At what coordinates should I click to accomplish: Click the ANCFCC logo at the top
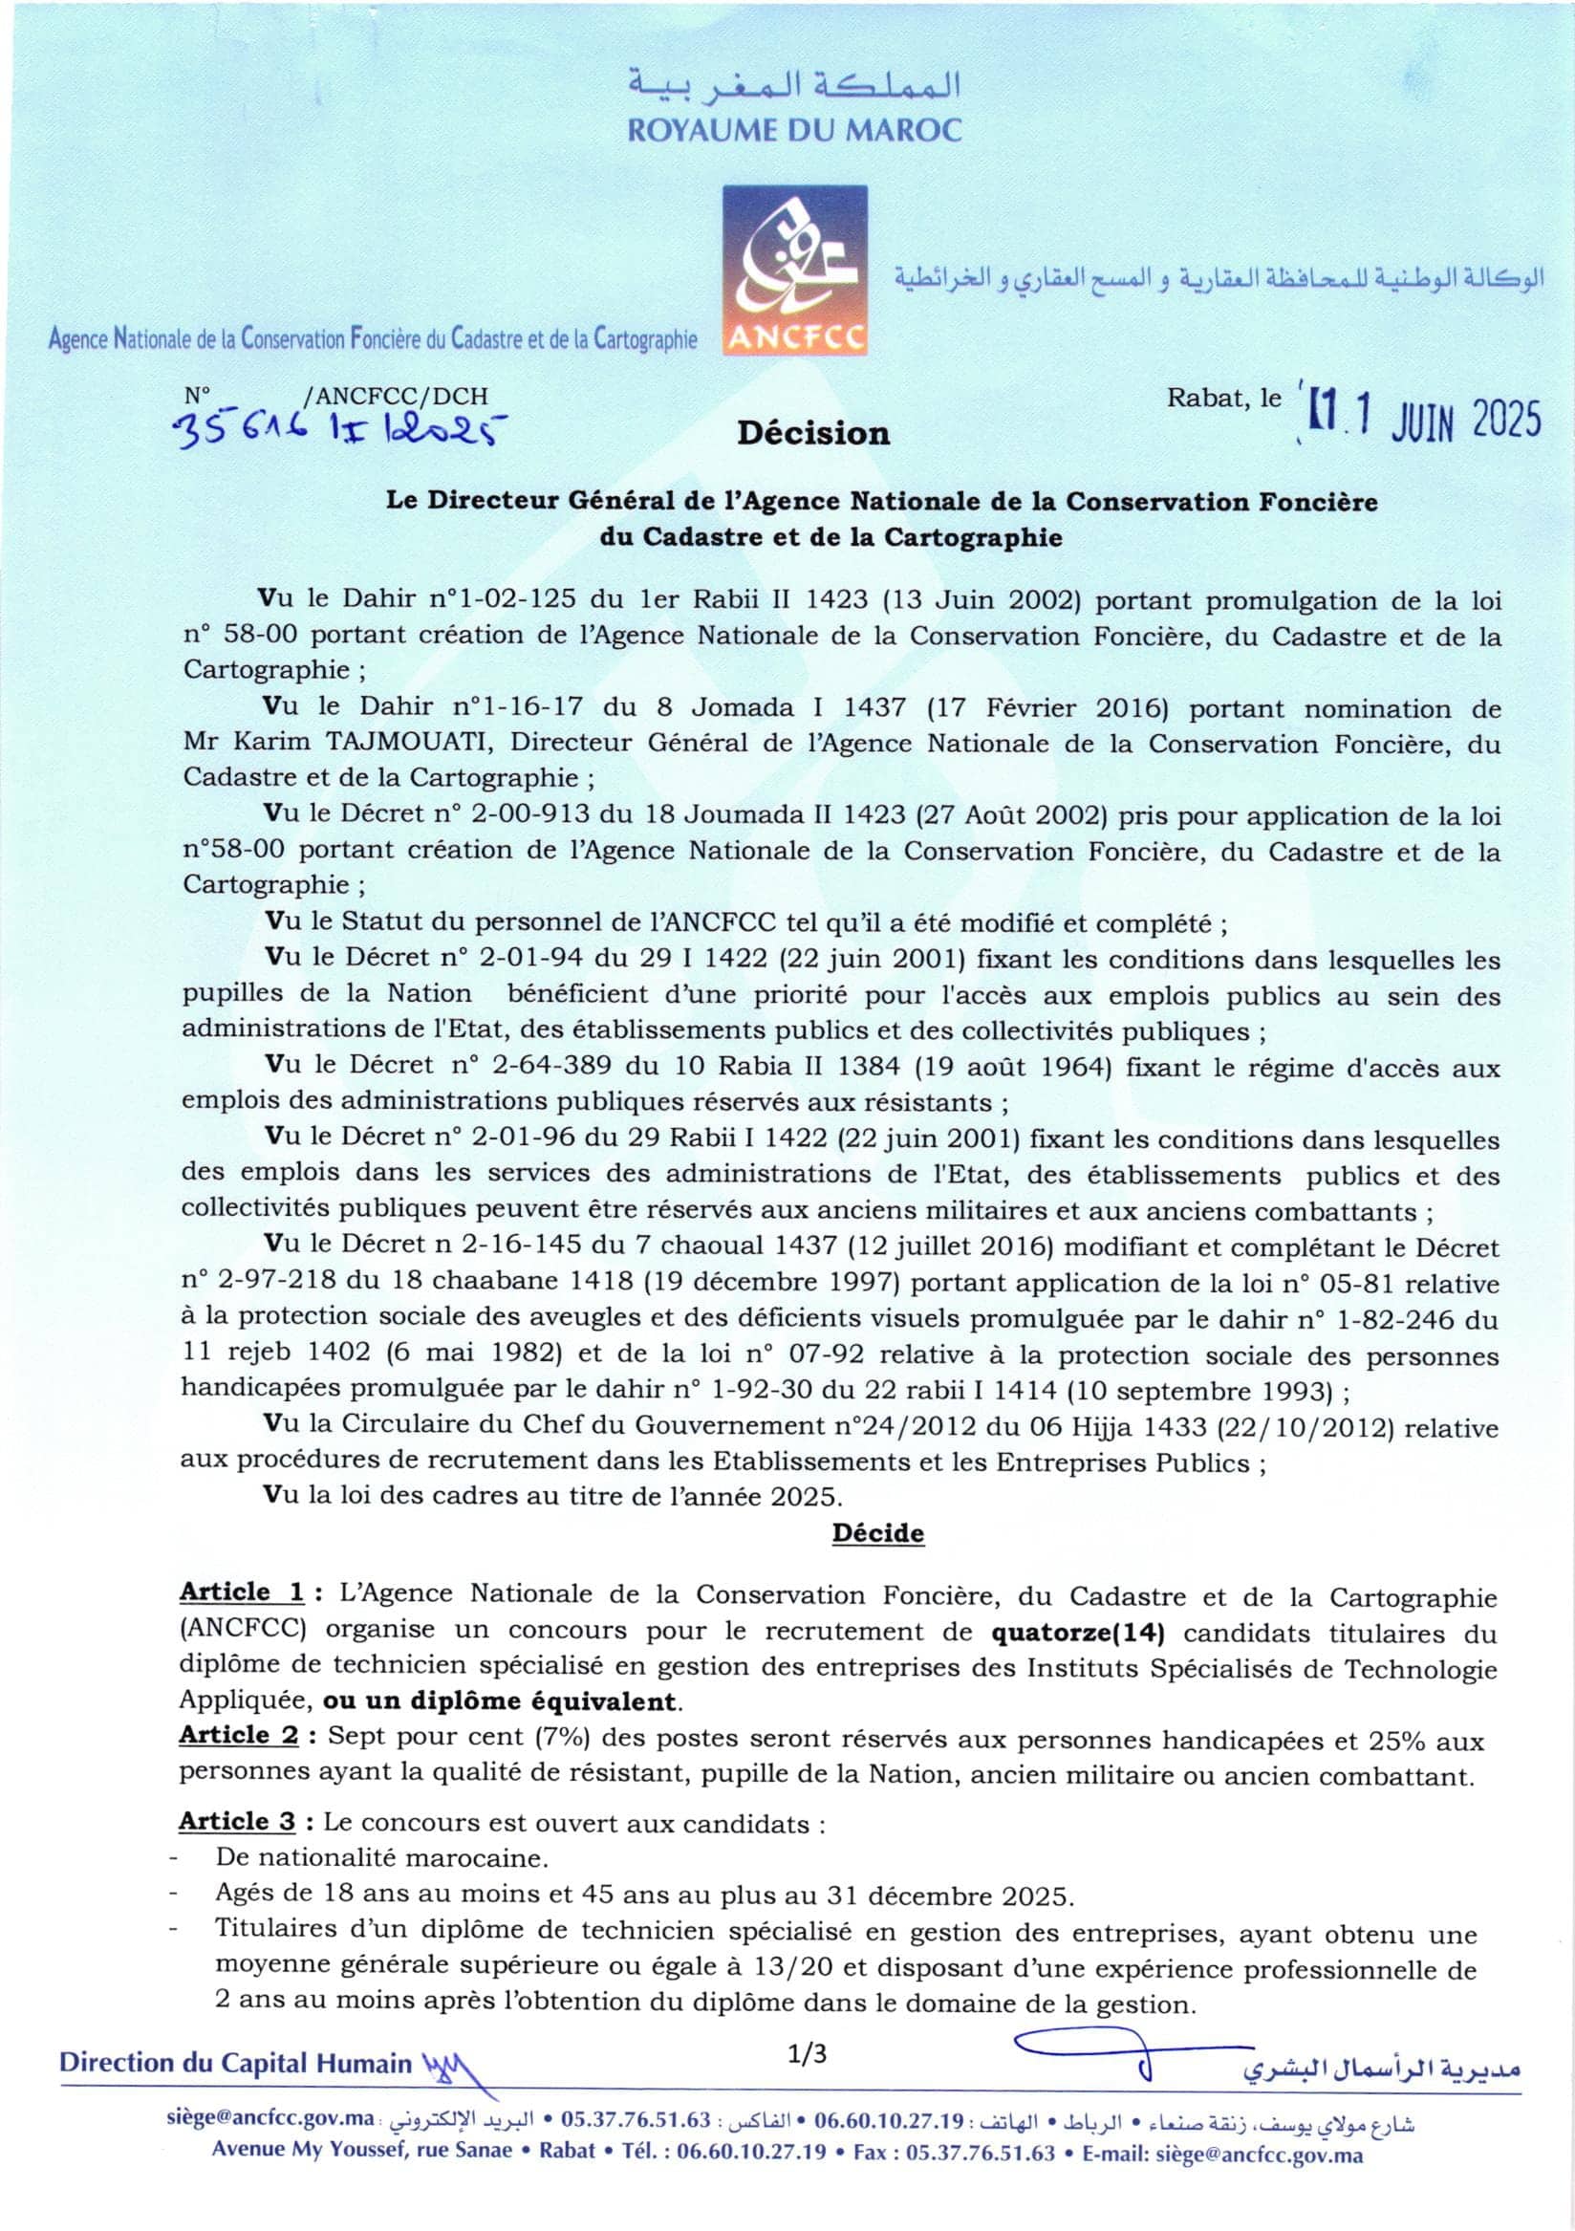point(795,270)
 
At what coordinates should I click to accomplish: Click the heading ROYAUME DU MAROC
point(794,129)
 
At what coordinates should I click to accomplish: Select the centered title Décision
point(813,433)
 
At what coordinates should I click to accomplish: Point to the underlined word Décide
point(877,1533)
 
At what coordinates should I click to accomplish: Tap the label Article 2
point(240,1736)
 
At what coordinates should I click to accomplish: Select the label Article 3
point(237,1822)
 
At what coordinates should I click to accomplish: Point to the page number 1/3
point(808,2053)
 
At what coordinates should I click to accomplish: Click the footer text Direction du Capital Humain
point(235,2064)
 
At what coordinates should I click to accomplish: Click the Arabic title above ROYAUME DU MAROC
point(794,85)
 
